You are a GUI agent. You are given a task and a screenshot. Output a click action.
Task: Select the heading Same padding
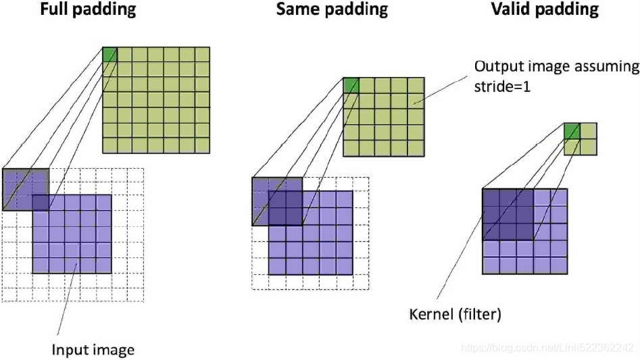[x=332, y=10]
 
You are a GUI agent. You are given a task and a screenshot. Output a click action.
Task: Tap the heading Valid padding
[x=545, y=10]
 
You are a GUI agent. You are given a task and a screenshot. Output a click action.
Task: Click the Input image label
[x=93, y=350]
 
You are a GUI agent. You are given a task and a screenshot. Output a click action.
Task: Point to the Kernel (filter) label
[x=456, y=315]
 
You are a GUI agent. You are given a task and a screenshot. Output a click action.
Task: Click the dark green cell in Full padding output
[x=109, y=54]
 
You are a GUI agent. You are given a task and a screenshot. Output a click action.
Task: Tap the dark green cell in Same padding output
[x=351, y=85]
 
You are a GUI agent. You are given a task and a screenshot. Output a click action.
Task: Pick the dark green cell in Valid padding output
[x=572, y=130]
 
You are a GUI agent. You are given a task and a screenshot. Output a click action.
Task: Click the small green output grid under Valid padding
[x=580, y=138]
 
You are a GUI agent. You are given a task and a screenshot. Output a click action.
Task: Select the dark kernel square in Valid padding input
[x=508, y=214]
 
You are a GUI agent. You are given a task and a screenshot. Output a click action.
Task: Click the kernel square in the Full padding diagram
[x=26, y=190]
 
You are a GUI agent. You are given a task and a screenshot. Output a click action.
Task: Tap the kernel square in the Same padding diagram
[x=277, y=201]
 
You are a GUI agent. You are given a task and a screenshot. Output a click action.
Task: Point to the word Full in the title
[x=56, y=10]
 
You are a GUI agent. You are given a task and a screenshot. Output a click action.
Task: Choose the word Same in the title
[x=298, y=10]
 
